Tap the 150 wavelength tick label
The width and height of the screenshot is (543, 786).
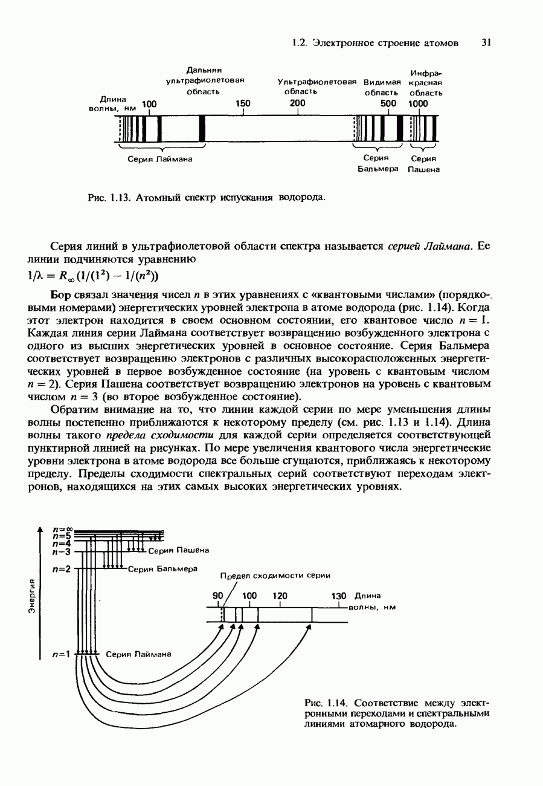point(243,103)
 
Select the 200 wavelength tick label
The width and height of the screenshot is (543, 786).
point(298,103)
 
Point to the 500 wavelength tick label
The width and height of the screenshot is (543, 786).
point(388,103)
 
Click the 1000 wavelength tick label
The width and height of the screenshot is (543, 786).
point(418,103)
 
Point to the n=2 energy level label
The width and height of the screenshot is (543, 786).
point(62,569)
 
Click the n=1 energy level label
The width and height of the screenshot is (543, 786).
point(62,654)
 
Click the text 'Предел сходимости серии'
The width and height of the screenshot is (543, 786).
point(275,576)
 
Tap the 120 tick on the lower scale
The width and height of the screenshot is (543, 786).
point(280,596)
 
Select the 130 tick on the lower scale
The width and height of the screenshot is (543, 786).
point(339,596)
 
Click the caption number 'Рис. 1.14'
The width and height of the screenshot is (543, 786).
point(327,703)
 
